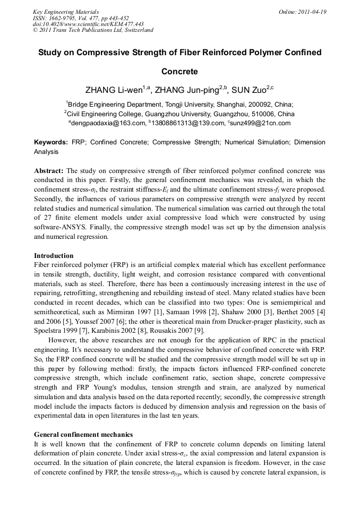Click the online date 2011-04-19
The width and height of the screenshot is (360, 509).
[x=313, y=12]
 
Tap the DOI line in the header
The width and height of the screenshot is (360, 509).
[x=88, y=24]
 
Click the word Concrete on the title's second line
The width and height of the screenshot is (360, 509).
[x=179, y=71]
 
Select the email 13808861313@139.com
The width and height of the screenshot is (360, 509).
[x=185, y=123]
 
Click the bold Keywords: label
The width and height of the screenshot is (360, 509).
[x=51, y=142]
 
